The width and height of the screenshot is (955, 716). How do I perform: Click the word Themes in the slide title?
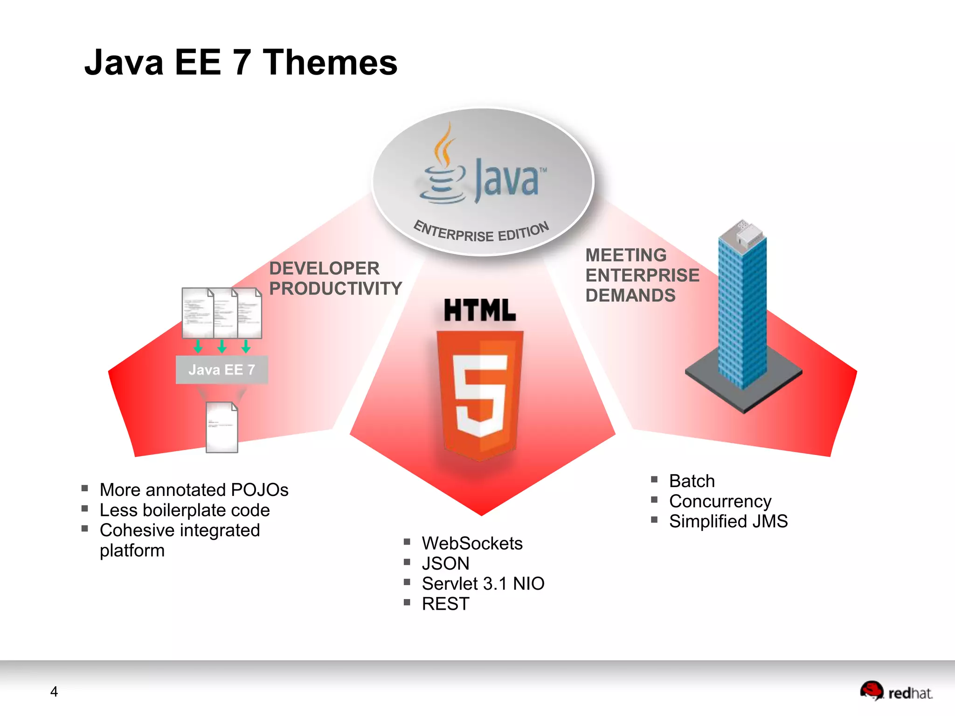tap(330, 62)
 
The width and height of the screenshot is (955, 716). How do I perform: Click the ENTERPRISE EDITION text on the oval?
tap(481, 232)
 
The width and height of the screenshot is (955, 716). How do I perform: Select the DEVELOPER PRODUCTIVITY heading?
tap(335, 278)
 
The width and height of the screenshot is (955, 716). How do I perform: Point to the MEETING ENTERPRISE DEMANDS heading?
tap(642, 275)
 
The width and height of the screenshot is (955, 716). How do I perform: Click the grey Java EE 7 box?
tap(221, 370)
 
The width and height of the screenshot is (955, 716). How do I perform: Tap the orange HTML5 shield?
tap(480, 394)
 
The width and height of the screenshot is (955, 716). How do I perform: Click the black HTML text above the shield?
tap(480, 310)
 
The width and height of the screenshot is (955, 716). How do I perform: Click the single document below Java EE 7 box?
tap(222, 427)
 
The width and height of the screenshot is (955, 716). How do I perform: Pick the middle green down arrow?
tap(222, 346)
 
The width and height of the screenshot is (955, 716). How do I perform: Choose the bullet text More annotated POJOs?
tap(194, 490)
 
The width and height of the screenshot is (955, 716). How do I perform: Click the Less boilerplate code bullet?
tap(185, 510)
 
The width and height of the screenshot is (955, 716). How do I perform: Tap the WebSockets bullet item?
tap(472, 544)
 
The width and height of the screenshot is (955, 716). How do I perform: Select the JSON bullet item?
tap(445, 564)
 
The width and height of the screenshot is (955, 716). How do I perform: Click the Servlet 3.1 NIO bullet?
tap(483, 584)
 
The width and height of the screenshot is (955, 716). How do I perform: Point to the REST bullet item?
tap(445, 604)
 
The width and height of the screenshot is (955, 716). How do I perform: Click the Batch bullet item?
tap(692, 481)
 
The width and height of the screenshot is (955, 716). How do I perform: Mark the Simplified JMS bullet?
tap(728, 521)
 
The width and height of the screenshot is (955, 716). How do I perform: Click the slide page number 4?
tap(54, 691)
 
